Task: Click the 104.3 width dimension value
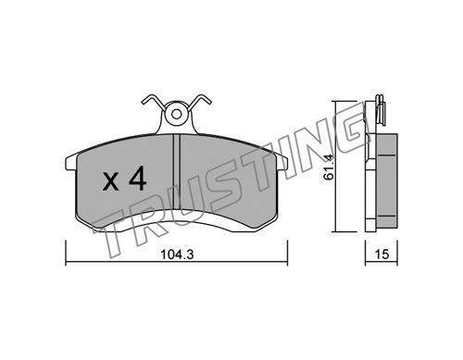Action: pos(177,254)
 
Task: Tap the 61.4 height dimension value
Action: pos(329,167)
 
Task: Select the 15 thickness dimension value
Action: pos(382,254)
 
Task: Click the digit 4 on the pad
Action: pos(137,179)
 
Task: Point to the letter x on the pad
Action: pos(111,181)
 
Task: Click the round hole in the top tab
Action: pos(176,115)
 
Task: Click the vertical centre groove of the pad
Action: pos(176,172)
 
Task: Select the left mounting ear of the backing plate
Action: pos(70,163)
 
